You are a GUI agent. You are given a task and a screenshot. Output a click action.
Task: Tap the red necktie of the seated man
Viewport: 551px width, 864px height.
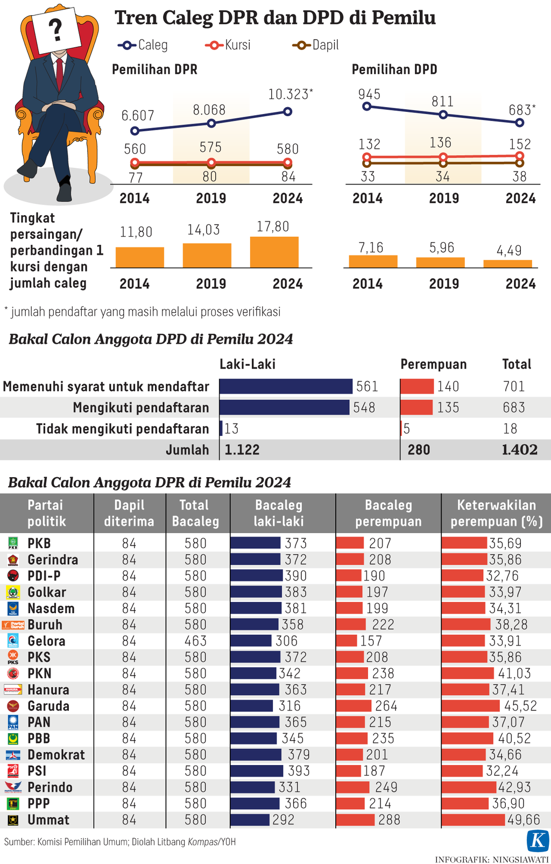59,73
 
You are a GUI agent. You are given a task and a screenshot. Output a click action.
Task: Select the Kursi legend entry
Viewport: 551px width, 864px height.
228,45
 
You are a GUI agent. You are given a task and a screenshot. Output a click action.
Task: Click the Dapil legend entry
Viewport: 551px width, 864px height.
316,45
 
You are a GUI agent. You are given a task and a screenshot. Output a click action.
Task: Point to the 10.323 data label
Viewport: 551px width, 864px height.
288,95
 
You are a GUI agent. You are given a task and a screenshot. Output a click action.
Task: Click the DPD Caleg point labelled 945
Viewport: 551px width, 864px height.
367,106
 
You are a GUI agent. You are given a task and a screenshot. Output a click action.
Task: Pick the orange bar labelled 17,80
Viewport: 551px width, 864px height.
274,252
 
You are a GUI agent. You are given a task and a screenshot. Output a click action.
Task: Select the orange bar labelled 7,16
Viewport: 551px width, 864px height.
373,261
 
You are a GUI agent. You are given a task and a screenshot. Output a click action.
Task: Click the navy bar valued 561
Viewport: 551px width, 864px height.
286,386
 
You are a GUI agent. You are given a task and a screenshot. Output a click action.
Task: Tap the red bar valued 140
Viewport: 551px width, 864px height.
417,386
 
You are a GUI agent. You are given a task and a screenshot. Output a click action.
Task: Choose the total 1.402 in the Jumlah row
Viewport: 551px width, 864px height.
519,450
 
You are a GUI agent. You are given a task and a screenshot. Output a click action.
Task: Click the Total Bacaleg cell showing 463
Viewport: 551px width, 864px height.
195,641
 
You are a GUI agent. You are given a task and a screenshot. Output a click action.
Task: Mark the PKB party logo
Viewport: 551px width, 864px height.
13,543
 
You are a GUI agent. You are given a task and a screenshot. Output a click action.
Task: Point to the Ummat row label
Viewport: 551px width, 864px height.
48,820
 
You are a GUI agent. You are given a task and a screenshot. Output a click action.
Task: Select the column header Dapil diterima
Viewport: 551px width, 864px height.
129,513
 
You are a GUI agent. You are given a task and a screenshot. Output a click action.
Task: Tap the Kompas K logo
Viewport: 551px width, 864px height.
538,840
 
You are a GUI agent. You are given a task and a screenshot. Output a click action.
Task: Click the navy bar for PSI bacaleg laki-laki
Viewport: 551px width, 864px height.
257,771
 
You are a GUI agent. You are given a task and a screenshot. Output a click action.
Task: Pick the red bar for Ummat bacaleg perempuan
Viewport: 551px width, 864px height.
355,820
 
